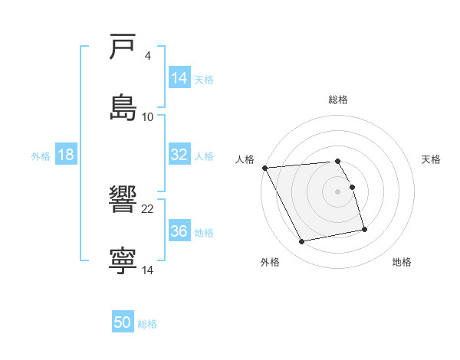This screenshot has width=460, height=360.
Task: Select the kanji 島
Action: (x=123, y=106)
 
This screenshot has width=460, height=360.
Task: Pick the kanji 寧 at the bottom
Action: (x=123, y=260)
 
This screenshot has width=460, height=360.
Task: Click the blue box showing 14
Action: (x=179, y=78)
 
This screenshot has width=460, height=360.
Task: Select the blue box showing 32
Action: (x=179, y=155)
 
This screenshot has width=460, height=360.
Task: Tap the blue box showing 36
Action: (x=179, y=231)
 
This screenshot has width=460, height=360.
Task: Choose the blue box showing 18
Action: (x=66, y=155)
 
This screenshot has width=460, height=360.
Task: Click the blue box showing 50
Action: (x=123, y=322)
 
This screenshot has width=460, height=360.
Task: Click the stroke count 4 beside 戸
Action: (x=148, y=55)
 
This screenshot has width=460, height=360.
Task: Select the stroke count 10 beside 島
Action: (x=148, y=116)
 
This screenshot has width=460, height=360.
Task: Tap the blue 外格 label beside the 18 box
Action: (x=41, y=155)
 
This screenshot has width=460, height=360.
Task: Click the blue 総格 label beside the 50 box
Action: (x=147, y=323)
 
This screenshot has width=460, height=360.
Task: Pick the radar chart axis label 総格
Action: (x=338, y=100)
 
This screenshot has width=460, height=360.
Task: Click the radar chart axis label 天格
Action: (x=431, y=159)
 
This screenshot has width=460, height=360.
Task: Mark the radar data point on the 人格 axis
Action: (x=264, y=168)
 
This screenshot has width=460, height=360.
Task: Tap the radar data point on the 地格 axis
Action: (x=364, y=229)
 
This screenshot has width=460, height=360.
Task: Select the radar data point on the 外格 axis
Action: (x=302, y=242)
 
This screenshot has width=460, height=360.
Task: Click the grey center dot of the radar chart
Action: (x=338, y=191)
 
